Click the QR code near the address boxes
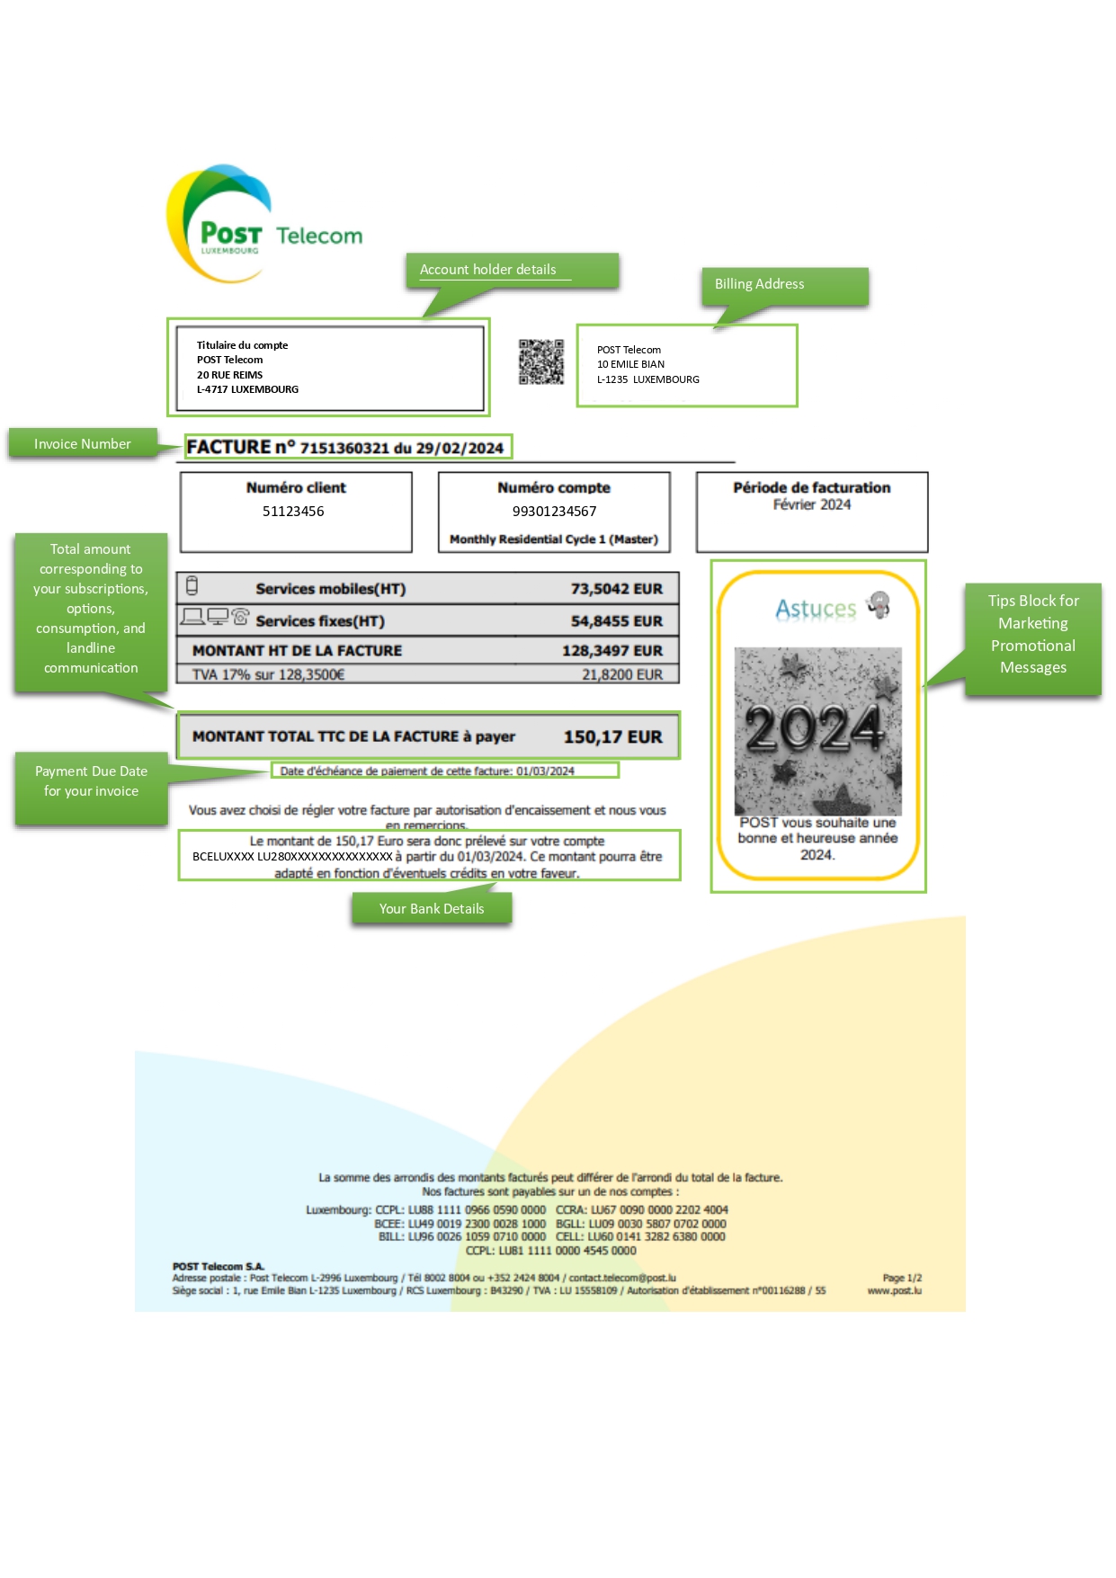pos(541,361)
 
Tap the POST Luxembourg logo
pos(220,225)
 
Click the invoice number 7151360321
pos(344,448)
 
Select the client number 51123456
pos(293,512)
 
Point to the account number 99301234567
pos(554,512)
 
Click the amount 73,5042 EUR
pos(616,589)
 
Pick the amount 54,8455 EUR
pos(616,621)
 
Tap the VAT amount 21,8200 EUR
pos(621,674)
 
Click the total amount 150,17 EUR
pos(612,737)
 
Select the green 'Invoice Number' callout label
pos(83,444)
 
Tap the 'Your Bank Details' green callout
pos(432,909)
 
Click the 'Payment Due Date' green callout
pos(91,781)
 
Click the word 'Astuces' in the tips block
pos(816,609)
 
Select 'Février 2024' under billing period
pos(811,505)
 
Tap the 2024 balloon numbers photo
pos(817,730)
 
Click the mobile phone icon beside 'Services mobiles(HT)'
pos(192,586)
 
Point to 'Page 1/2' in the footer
pos(901,1278)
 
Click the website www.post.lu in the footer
pos(894,1291)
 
